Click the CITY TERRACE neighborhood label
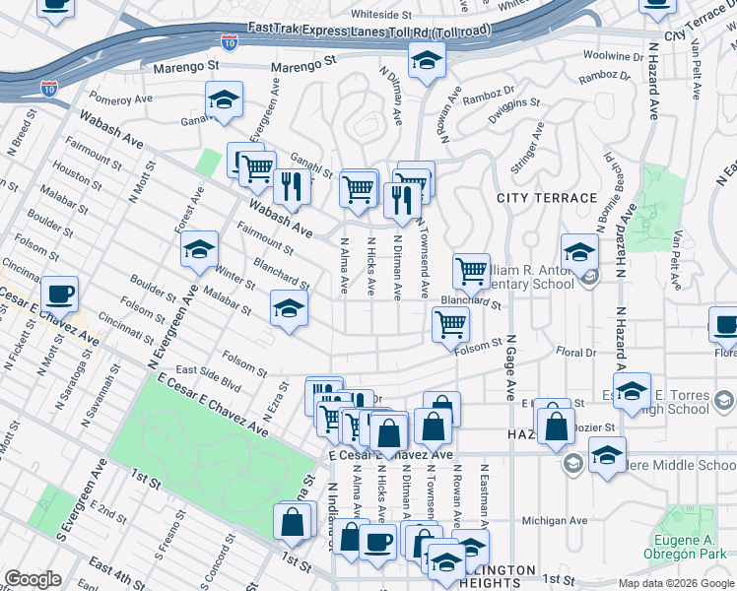547,198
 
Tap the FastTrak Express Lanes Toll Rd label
369,31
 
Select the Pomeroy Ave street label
121,98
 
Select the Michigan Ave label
554,521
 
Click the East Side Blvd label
208,378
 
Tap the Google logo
33,579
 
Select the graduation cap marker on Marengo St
427,63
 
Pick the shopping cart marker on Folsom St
450,323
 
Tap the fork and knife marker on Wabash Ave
291,184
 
